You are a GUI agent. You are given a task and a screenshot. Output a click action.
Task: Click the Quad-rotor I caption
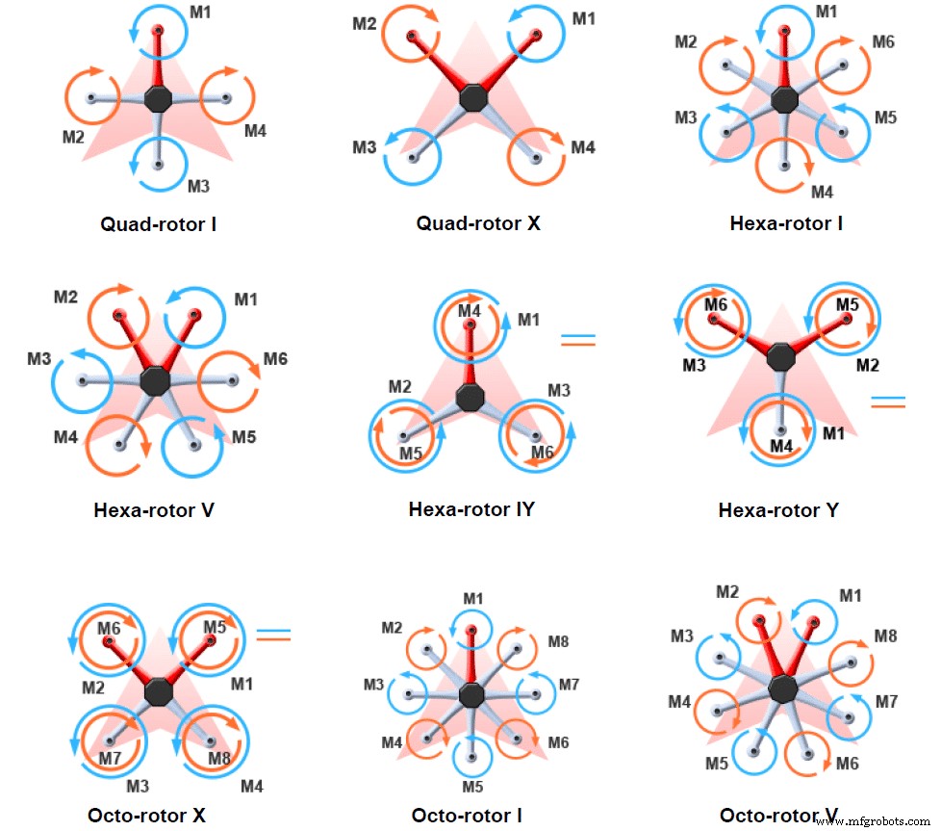point(158,225)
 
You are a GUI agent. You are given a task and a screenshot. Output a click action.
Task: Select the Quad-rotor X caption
point(478,223)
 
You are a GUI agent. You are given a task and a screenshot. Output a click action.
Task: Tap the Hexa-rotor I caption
point(786,223)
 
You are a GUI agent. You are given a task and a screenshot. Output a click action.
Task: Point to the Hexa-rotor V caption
point(154,509)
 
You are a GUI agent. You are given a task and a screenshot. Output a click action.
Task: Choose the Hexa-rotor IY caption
point(471,508)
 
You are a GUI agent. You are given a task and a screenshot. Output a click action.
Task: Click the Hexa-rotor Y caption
point(778,510)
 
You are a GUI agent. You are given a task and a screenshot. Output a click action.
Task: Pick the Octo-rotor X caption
point(147,816)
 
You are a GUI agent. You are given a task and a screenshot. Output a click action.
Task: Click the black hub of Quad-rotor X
point(473,97)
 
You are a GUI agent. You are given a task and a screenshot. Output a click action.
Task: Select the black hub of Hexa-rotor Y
point(781,354)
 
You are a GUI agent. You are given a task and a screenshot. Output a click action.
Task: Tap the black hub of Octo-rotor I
point(470,694)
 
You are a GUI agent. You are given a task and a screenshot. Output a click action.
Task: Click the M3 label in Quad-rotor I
point(198,185)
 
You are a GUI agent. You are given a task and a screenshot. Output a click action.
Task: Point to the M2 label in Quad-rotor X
point(364,23)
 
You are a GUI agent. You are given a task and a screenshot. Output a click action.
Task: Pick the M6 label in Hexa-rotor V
point(275,359)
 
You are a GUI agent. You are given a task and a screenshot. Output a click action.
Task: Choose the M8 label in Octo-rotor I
point(559,640)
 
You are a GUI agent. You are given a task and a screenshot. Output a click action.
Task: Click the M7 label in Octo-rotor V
point(885,702)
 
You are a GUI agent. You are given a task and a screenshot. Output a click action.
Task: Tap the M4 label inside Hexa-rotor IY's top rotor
point(470,311)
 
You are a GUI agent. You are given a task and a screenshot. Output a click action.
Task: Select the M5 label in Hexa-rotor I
point(885,117)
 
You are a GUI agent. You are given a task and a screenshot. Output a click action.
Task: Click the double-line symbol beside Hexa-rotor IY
point(578,339)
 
